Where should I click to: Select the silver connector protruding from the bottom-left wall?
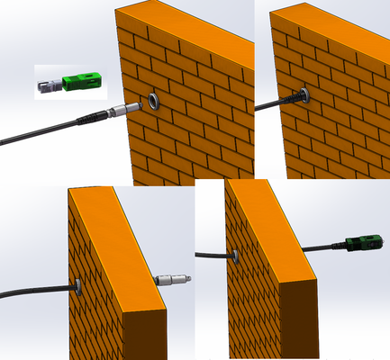168,280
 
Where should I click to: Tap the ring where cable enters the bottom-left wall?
78,286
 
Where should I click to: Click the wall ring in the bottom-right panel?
235,256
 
